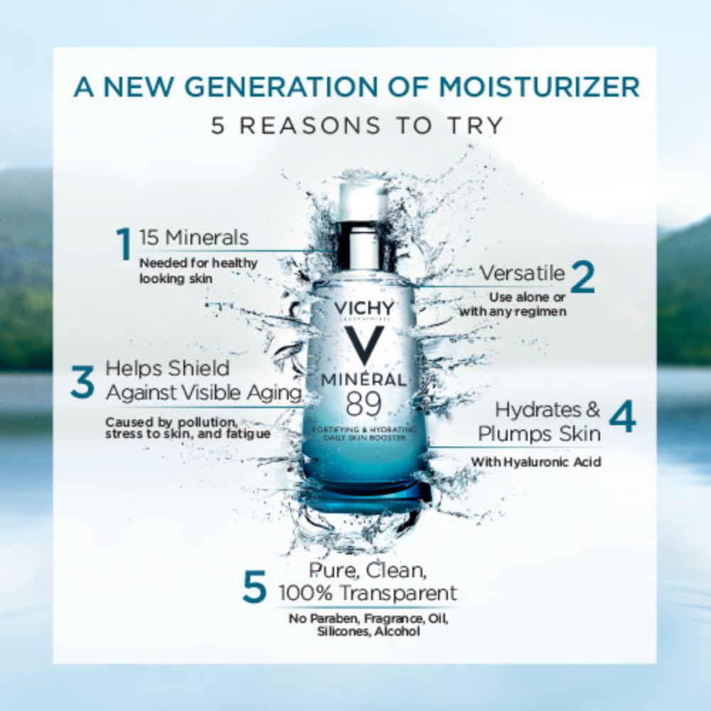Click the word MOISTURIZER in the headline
coord(539,86)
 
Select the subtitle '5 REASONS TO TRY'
coord(358,125)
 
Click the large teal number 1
coord(124,243)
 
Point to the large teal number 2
coord(582,277)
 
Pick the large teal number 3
coord(82,382)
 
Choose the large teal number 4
coord(623,415)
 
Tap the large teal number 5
coord(255,587)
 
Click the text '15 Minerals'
coord(194,237)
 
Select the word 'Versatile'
coord(523,273)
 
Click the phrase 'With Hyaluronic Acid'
coord(536,462)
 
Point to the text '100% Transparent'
coord(368,593)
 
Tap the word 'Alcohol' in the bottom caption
coord(397,631)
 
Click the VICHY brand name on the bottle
coord(364,308)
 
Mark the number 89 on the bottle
coord(363,404)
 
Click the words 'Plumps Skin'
coord(539,434)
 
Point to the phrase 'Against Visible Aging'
coord(204,392)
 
